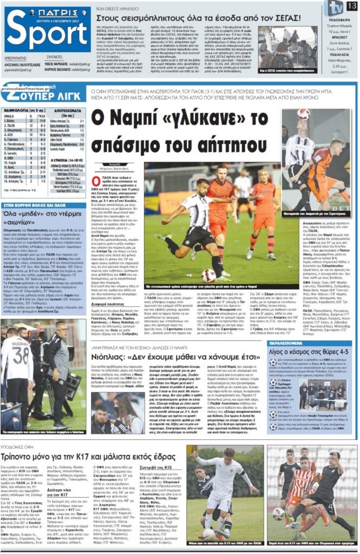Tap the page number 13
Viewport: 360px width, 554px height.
click(352, 5)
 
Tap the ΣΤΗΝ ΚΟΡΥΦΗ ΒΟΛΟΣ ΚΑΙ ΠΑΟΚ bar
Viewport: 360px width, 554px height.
click(38, 205)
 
